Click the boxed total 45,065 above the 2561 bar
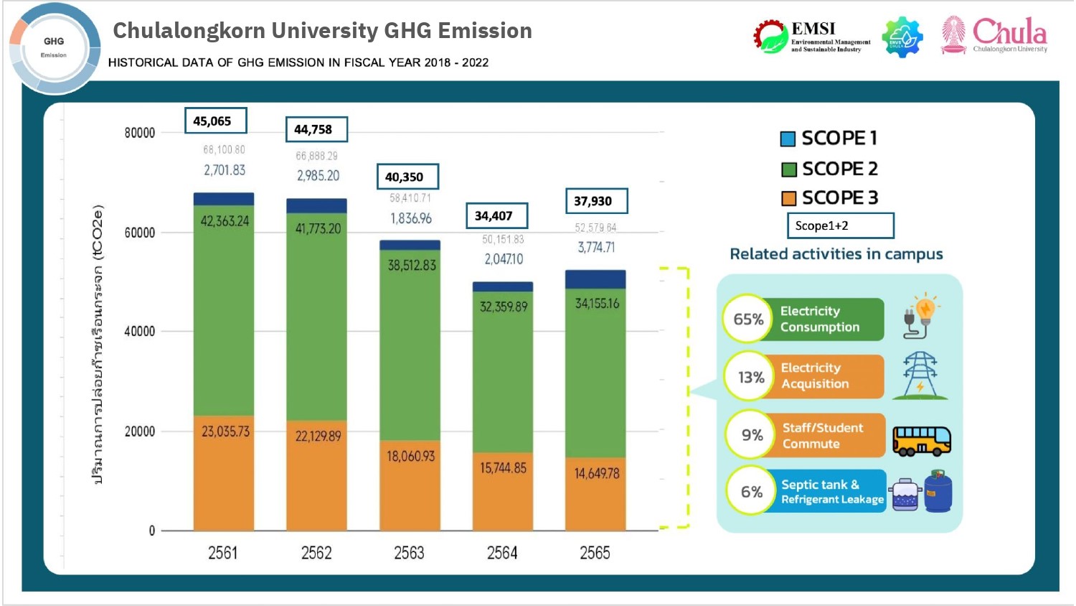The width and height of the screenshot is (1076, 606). point(215,121)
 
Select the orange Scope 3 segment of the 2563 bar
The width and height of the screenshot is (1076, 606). point(410,485)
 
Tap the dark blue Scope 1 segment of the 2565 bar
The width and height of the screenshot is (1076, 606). point(595,279)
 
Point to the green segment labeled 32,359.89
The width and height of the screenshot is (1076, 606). point(503,373)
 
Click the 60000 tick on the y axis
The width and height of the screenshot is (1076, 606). point(139,233)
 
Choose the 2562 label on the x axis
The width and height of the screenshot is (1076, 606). point(316,553)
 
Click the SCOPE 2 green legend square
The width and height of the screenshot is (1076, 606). point(788,169)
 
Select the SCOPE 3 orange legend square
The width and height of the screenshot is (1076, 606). point(788,198)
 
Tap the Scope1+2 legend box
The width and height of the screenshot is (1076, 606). point(840,225)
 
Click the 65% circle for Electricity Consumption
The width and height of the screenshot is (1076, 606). point(747,319)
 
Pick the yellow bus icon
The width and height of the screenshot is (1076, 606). point(921,440)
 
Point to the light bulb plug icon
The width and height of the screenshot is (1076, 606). point(921,316)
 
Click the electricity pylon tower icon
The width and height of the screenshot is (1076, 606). point(920,376)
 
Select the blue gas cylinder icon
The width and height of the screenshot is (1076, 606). point(938,492)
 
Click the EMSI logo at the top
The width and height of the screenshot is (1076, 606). point(812,36)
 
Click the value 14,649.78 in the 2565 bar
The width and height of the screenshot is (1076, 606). point(596,474)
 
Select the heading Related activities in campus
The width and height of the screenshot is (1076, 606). point(836,254)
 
